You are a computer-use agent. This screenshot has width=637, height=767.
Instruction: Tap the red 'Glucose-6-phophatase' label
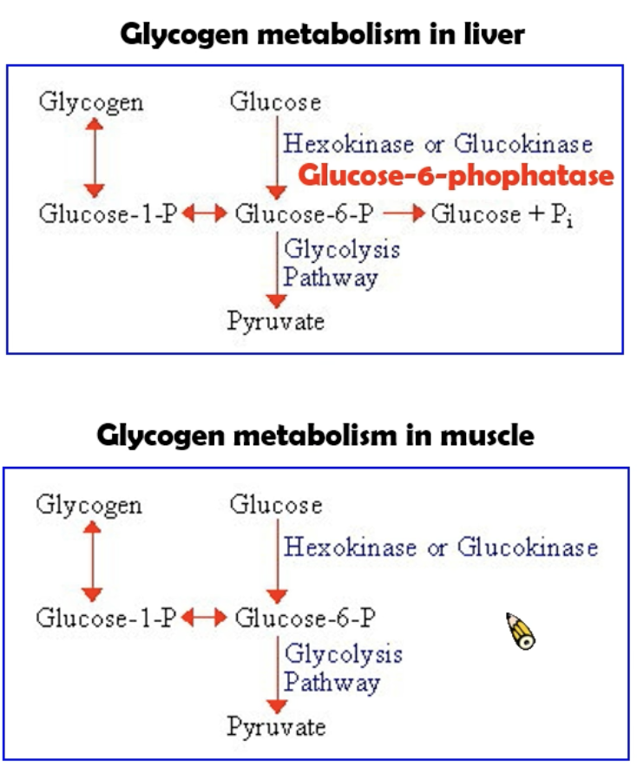[x=456, y=177]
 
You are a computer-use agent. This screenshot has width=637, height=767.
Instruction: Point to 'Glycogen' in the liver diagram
[x=92, y=102]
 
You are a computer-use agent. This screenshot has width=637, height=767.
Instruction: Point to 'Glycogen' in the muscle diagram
[x=89, y=505]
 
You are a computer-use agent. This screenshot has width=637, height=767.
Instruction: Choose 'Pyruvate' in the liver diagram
[x=276, y=322]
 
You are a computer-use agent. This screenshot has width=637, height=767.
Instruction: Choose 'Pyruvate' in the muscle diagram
[x=277, y=726]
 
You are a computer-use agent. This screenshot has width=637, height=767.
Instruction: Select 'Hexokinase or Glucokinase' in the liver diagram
[x=438, y=143]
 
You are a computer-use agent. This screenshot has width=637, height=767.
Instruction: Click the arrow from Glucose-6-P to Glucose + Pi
[x=404, y=213]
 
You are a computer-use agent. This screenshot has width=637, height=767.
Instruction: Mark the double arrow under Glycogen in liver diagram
[x=94, y=158]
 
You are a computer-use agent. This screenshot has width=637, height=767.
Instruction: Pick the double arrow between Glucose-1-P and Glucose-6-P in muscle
[x=205, y=618]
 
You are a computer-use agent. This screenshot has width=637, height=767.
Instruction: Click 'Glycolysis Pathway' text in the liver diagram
[x=342, y=264]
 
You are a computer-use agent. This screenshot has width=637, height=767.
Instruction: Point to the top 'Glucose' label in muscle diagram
[x=275, y=505]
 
